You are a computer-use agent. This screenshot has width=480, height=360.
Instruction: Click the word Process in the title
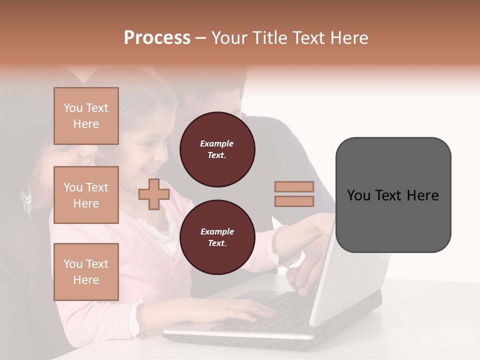pyautogui.click(x=157, y=38)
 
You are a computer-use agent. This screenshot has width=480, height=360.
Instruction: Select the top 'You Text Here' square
pyautogui.click(x=86, y=116)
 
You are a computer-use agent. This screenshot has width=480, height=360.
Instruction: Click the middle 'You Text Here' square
pyautogui.click(x=86, y=195)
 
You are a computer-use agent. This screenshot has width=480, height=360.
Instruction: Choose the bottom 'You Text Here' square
pyautogui.click(x=86, y=272)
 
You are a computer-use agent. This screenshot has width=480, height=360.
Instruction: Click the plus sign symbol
pyautogui.click(x=154, y=194)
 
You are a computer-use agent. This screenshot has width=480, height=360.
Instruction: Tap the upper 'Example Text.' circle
pyautogui.click(x=217, y=149)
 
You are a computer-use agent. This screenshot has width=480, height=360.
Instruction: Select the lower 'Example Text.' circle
pyautogui.click(x=217, y=237)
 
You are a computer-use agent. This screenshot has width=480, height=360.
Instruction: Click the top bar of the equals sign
pyautogui.click(x=294, y=186)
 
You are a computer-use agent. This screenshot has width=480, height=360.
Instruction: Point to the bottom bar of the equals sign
pyautogui.click(x=294, y=201)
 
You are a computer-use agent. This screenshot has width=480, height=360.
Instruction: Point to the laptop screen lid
pyautogui.click(x=345, y=280)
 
